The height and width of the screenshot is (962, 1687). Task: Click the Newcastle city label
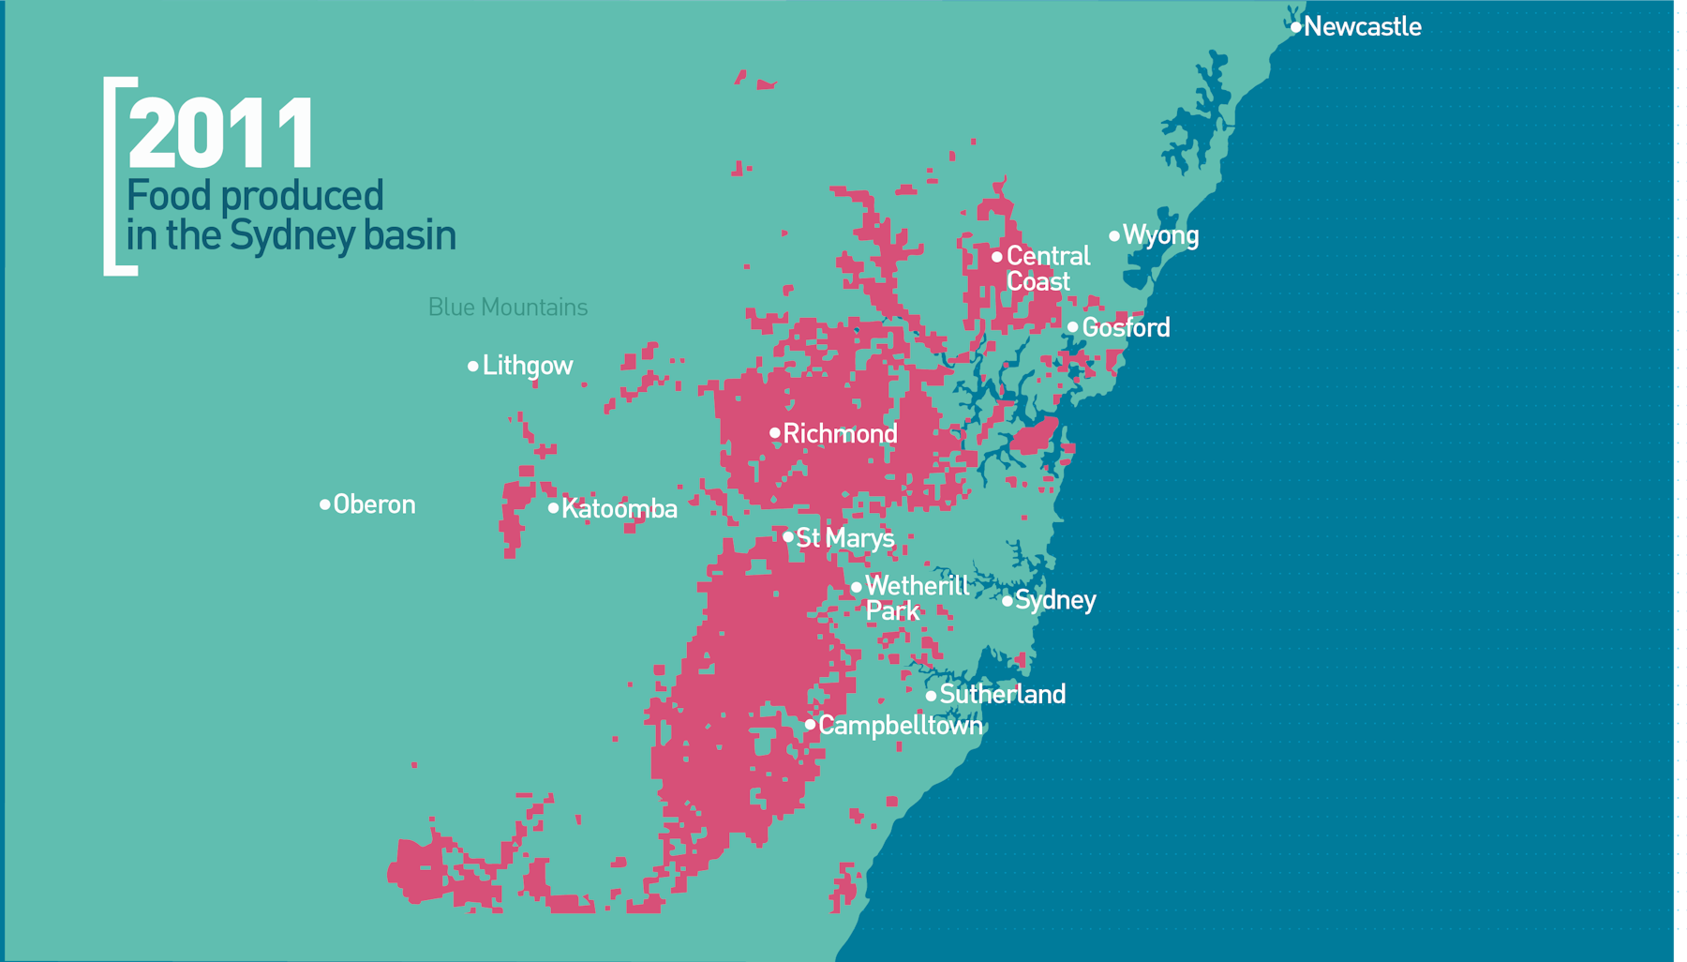click(x=1362, y=26)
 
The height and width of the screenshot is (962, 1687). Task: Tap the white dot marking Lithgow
click(x=473, y=367)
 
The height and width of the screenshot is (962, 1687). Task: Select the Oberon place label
click(x=374, y=504)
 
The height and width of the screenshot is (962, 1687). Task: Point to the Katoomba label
click(x=619, y=509)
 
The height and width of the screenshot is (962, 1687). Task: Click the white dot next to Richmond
click(x=775, y=433)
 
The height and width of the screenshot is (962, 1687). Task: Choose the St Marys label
click(x=844, y=538)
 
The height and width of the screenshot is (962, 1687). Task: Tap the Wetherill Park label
click(x=916, y=598)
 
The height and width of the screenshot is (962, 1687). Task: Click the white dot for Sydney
click(x=1008, y=601)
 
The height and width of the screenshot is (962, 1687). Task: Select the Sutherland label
click(x=1002, y=695)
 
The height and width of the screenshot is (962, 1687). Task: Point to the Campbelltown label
click(x=900, y=726)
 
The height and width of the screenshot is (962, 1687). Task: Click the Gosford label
click(x=1126, y=328)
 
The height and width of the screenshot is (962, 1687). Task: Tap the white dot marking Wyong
click(x=1114, y=236)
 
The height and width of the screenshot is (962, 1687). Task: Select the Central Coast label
click(x=1047, y=269)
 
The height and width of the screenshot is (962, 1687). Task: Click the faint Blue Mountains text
click(x=507, y=308)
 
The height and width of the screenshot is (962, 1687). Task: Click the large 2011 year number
click(x=221, y=133)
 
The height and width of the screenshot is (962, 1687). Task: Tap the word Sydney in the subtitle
click(x=291, y=236)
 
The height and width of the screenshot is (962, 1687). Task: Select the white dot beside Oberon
click(x=325, y=504)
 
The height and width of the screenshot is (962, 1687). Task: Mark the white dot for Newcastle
click(x=1296, y=27)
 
